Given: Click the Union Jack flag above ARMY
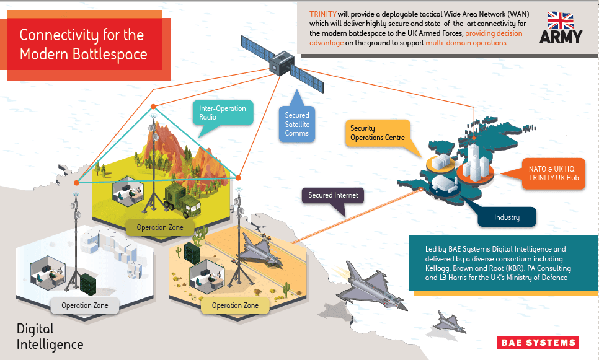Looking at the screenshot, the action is pyautogui.click(x=560, y=20).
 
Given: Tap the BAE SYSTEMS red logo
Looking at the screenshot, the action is pyautogui.click(x=538, y=343).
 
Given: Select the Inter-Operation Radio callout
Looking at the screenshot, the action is pyautogui.click(x=223, y=113).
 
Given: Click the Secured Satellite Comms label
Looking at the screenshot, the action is pyautogui.click(x=297, y=124).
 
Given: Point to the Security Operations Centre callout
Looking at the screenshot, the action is pyautogui.click(x=378, y=133).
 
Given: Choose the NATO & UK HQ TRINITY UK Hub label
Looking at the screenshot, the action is pyautogui.click(x=554, y=173).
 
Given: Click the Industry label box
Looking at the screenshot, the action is pyautogui.click(x=507, y=217).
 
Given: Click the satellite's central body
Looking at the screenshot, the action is pyautogui.click(x=282, y=63).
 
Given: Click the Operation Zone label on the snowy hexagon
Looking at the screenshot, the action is pyautogui.click(x=85, y=305).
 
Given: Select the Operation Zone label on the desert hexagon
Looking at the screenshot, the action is pyautogui.click(x=236, y=305).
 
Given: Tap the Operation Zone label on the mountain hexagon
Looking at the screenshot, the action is pyautogui.click(x=160, y=227).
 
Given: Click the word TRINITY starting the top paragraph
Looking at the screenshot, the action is pyautogui.click(x=323, y=14).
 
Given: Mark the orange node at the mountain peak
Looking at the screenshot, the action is pyautogui.click(x=153, y=107).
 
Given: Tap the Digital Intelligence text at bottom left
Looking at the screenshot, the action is pyautogui.click(x=50, y=336).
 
